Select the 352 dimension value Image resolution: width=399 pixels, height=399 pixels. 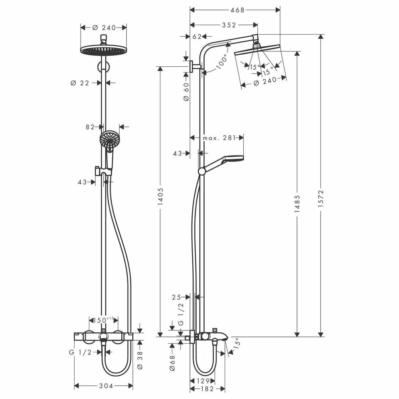click(229, 25)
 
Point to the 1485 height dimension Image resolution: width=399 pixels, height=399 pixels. click(297, 203)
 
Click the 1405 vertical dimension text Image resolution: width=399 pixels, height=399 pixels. click(160, 197)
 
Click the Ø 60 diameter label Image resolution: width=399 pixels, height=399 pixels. click(186, 92)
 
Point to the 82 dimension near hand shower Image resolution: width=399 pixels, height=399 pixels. click(90, 127)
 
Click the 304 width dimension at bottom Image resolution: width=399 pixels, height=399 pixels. click(105, 386)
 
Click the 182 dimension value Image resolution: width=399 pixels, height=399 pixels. click(207, 389)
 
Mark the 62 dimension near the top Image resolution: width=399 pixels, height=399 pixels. click(197, 37)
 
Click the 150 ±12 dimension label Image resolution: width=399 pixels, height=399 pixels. click(103, 320)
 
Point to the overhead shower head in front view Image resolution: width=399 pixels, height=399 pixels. click(103, 50)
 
